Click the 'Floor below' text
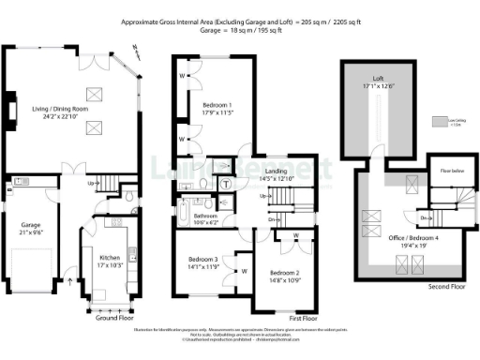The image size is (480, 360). click(x=440, y=170)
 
